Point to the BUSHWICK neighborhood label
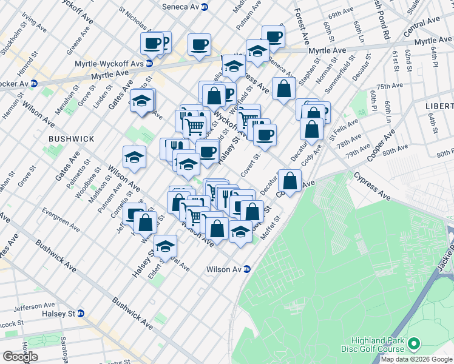point(72,139)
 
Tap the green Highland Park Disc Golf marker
point(415,345)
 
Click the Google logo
point(21,357)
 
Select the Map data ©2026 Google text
point(416,359)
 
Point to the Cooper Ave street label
point(381,144)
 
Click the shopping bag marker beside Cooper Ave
point(291,181)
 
